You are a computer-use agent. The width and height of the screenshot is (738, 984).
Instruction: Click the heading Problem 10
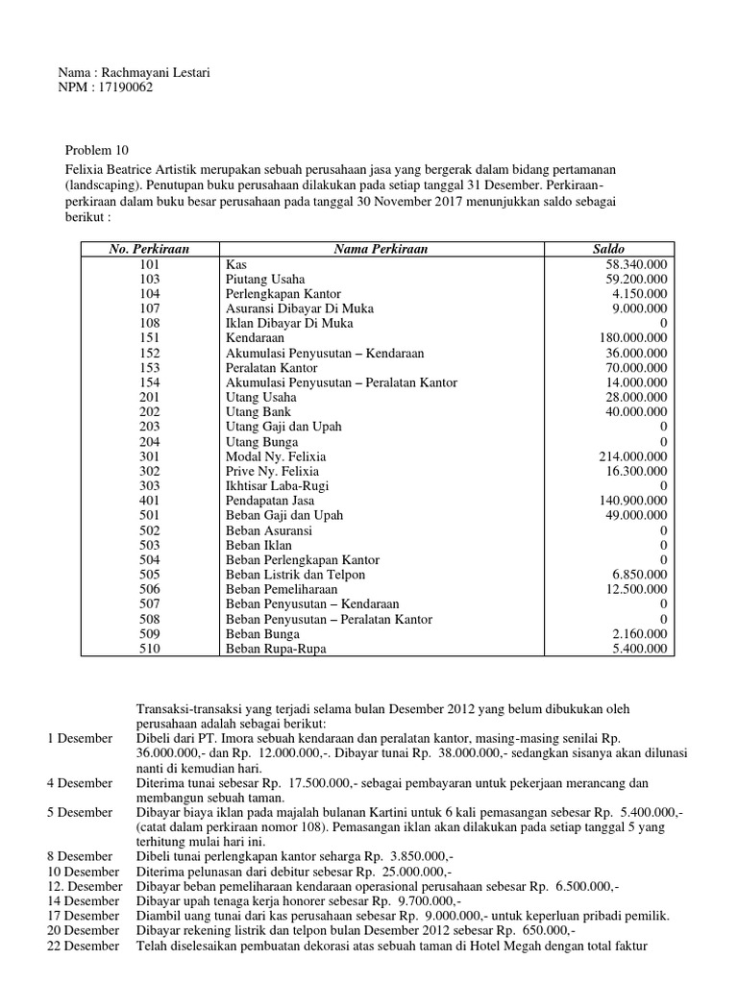[x=95, y=150]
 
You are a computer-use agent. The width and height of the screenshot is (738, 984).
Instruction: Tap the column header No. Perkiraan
[x=150, y=249]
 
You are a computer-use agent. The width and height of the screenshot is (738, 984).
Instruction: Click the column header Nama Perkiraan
[x=381, y=249]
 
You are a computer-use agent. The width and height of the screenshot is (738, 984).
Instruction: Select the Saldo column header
[x=608, y=249]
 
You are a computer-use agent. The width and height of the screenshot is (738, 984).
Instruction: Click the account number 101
[x=150, y=263]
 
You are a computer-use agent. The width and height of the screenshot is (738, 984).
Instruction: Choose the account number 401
[x=150, y=502]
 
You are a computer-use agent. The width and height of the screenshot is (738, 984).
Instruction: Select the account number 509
[x=150, y=635]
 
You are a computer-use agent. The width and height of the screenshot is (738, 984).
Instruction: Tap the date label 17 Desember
[x=84, y=916]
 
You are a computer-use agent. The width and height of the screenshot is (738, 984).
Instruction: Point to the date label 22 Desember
[x=84, y=945]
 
